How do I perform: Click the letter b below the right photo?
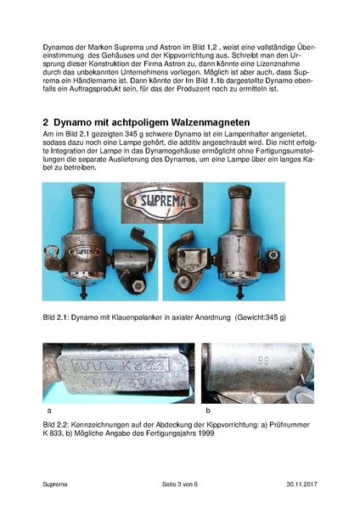click(208, 410)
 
